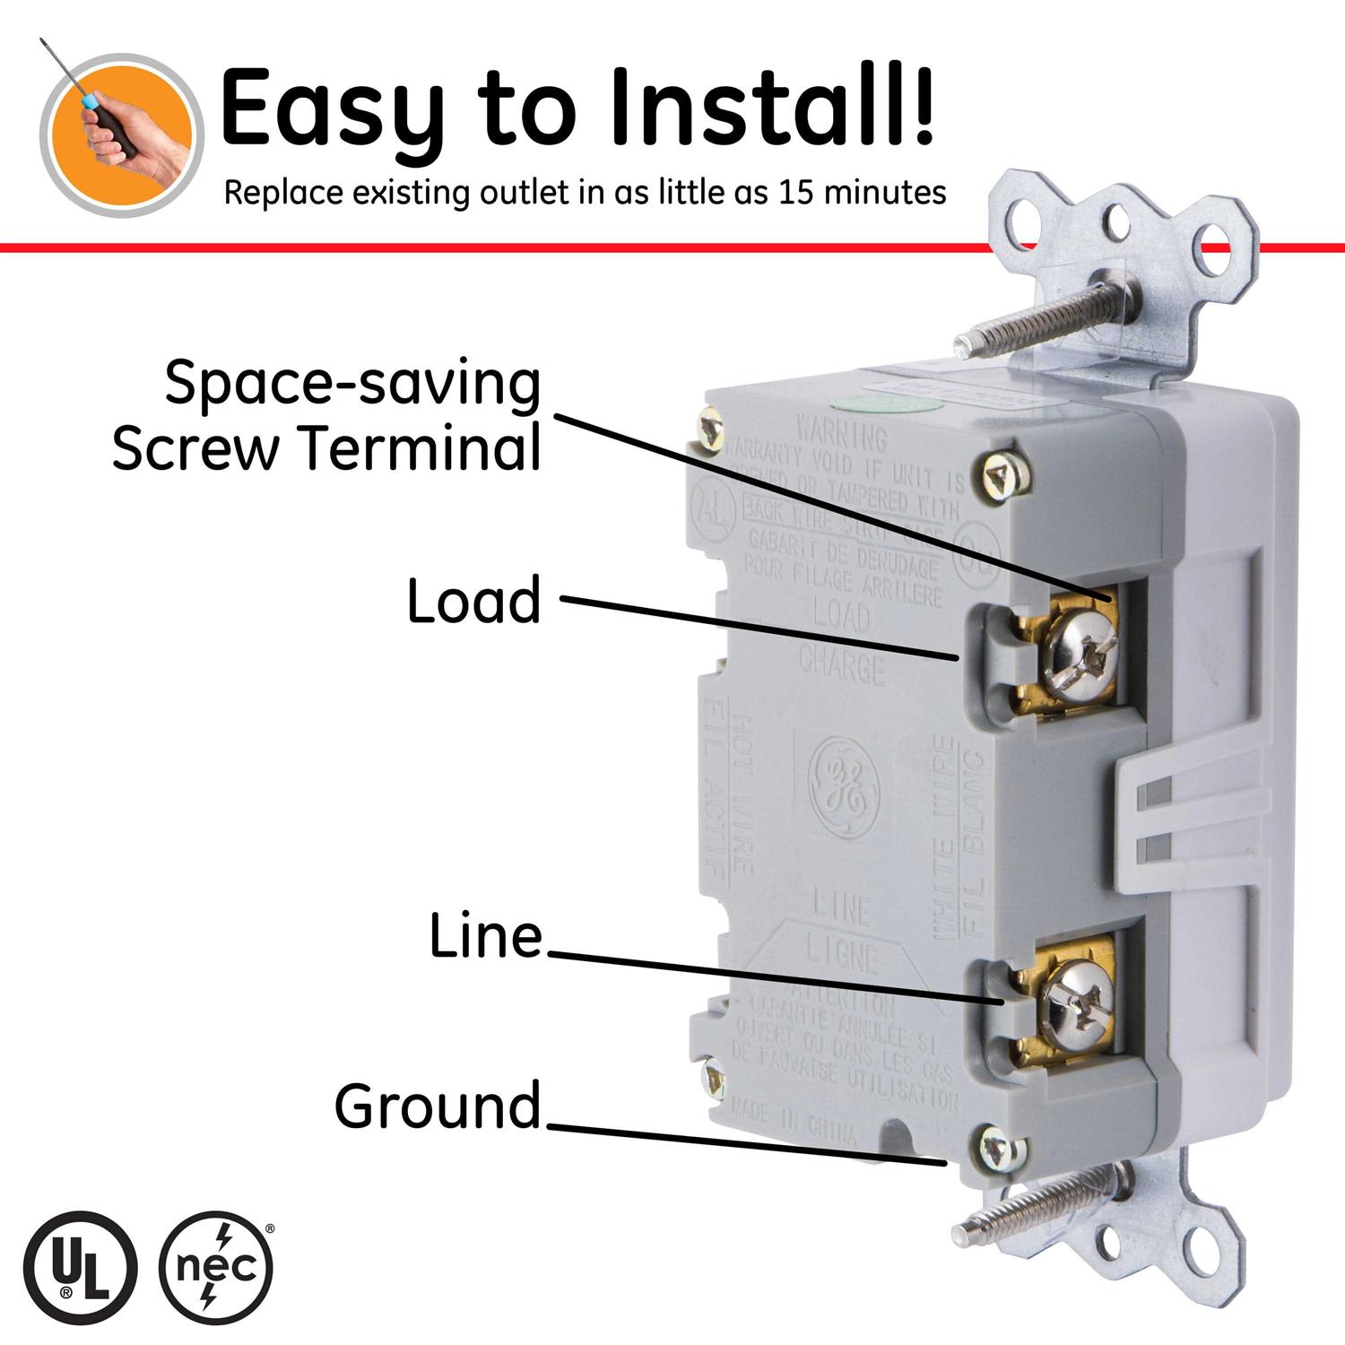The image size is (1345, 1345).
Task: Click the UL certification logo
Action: tap(80, 1268)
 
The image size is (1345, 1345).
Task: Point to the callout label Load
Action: tap(474, 601)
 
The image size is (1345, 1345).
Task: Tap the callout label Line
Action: tap(486, 936)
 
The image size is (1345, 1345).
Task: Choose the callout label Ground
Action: tap(438, 1106)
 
